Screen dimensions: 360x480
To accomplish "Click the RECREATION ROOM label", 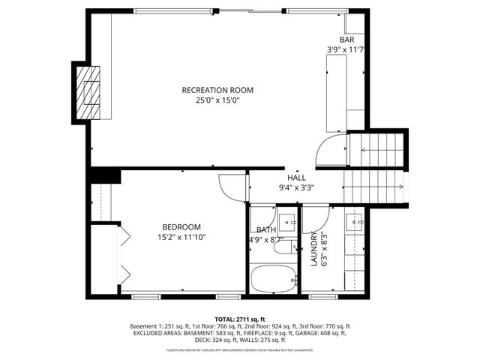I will click(x=217, y=90).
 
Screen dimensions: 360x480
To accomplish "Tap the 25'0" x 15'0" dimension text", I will click(x=217, y=100).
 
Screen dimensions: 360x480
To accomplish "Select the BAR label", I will click(x=346, y=40).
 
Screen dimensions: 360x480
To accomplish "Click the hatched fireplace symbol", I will click(x=89, y=90).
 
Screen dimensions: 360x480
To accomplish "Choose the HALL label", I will click(x=296, y=178).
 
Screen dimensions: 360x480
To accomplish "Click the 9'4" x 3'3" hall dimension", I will click(x=296, y=187).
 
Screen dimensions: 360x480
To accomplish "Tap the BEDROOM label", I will click(x=181, y=227).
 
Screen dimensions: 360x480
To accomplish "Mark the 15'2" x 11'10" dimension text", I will click(x=181, y=237).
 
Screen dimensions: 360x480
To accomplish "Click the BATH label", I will click(x=266, y=230).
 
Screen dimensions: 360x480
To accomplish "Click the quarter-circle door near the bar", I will click(x=330, y=153).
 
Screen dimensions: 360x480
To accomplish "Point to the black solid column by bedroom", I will click(x=105, y=175).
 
